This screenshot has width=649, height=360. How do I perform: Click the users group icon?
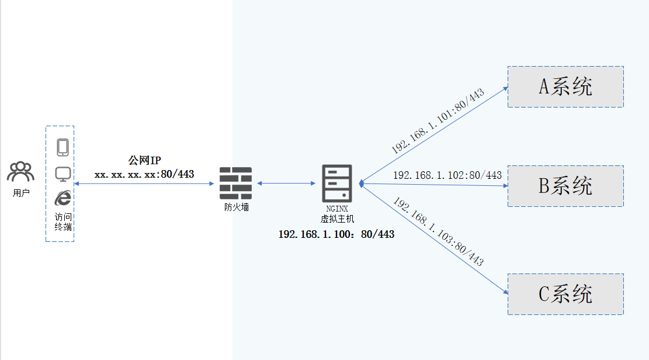[20, 171]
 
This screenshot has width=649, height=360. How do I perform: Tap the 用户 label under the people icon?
[21, 193]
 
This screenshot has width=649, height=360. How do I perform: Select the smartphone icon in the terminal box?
[63, 147]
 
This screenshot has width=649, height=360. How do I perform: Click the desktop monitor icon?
[63, 174]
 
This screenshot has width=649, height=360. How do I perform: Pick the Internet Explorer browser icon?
[63, 198]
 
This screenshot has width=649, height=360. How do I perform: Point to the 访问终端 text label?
[63, 221]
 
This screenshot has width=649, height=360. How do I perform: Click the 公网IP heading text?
[144, 161]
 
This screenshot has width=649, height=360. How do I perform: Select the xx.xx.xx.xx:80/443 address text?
[144, 174]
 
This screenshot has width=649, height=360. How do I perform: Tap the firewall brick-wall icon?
[235, 184]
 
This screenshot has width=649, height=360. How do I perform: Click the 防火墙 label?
[237, 207]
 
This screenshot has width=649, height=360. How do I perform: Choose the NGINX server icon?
[337, 184]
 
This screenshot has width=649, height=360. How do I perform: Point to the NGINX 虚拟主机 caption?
[337, 214]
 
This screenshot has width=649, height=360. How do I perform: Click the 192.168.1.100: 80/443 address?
[336, 234]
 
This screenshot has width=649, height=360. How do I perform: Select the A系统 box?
[565, 86]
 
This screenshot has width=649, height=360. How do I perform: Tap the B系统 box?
[565, 186]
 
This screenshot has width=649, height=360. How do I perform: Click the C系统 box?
[565, 294]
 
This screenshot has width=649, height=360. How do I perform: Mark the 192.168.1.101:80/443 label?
[438, 122]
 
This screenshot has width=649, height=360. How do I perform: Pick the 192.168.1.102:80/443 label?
[447, 175]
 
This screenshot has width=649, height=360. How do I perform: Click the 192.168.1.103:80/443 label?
[438, 232]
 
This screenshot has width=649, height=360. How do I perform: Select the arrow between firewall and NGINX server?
[286, 184]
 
